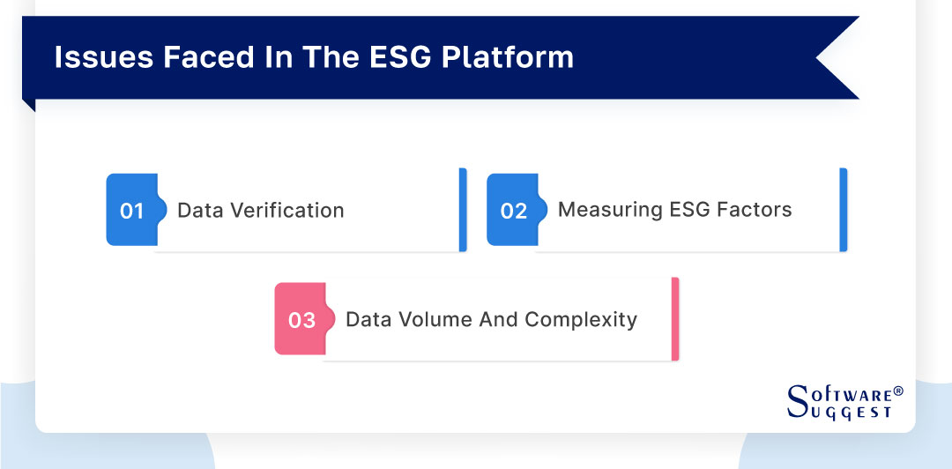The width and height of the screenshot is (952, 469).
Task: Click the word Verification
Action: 290,211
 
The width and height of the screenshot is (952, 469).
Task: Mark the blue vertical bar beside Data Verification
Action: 463,210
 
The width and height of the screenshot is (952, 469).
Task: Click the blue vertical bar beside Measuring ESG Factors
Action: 844,210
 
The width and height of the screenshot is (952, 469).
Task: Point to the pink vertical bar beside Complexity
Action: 675,319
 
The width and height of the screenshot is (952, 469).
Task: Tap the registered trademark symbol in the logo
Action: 898,390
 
